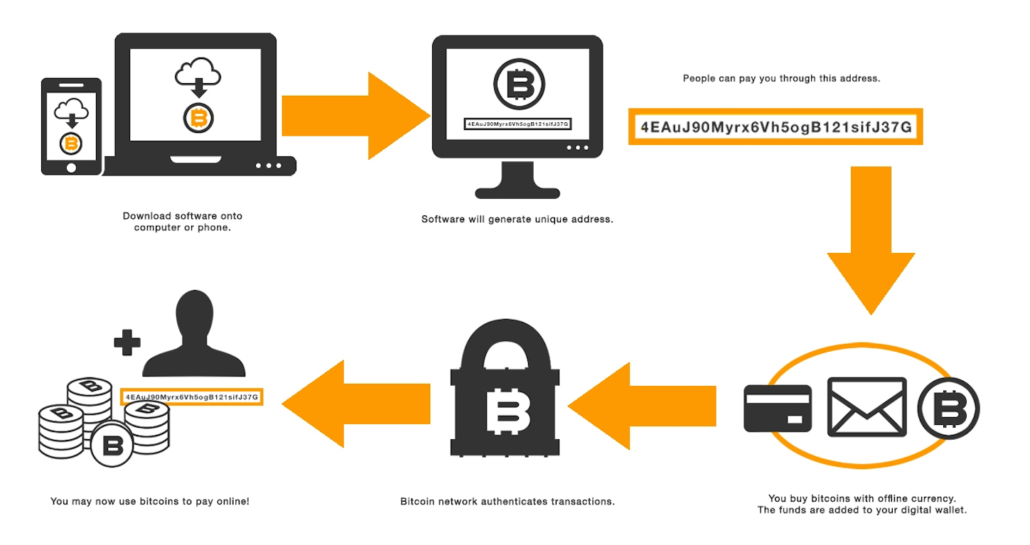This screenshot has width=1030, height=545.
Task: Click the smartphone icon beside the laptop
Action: pyautogui.click(x=71, y=126)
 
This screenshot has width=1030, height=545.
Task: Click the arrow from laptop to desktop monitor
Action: pyautogui.click(x=355, y=115)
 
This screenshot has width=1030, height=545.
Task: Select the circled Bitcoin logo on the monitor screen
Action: pyautogui.click(x=518, y=84)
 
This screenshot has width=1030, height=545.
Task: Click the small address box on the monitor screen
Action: pyautogui.click(x=518, y=124)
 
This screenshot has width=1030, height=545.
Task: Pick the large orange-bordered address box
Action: pyautogui.click(x=776, y=126)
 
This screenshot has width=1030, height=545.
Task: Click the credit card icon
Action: pyautogui.click(x=778, y=409)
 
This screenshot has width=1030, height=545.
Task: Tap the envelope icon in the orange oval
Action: pyautogui.click(x=867, y=407)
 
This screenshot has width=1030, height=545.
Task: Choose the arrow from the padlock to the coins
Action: pyautogui.click(x=355, y=404)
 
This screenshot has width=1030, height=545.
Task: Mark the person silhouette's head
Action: pyautogui.click(x=194, y=313)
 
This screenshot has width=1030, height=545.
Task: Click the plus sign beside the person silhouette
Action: pyautogui.click(x=128, y=342)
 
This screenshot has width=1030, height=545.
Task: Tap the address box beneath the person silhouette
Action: pyautogui.click(x=192, y=396)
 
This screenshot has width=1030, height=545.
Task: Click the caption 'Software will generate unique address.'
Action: pyautogui.click(x=517, y=220)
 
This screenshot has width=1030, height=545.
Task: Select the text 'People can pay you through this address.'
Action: pyautogui.click(x=781, y=78)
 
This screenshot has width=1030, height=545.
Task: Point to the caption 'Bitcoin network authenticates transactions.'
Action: pyautogui.click(x=507, y=502)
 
